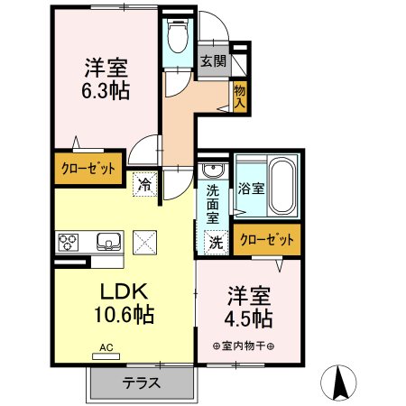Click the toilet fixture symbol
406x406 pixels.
coord(178,35)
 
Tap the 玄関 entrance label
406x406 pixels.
coord(213,62)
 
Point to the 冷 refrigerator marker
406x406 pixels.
coord(144,185)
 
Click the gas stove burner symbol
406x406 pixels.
coord(69,241)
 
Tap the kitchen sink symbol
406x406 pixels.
coord(109,241)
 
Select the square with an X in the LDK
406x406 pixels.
coord(145,241)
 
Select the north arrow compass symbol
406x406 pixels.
coord(342,382)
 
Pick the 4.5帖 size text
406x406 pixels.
coord(250,318)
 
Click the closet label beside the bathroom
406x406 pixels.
coord(266,241)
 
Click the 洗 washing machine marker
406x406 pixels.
coord(217,241)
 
